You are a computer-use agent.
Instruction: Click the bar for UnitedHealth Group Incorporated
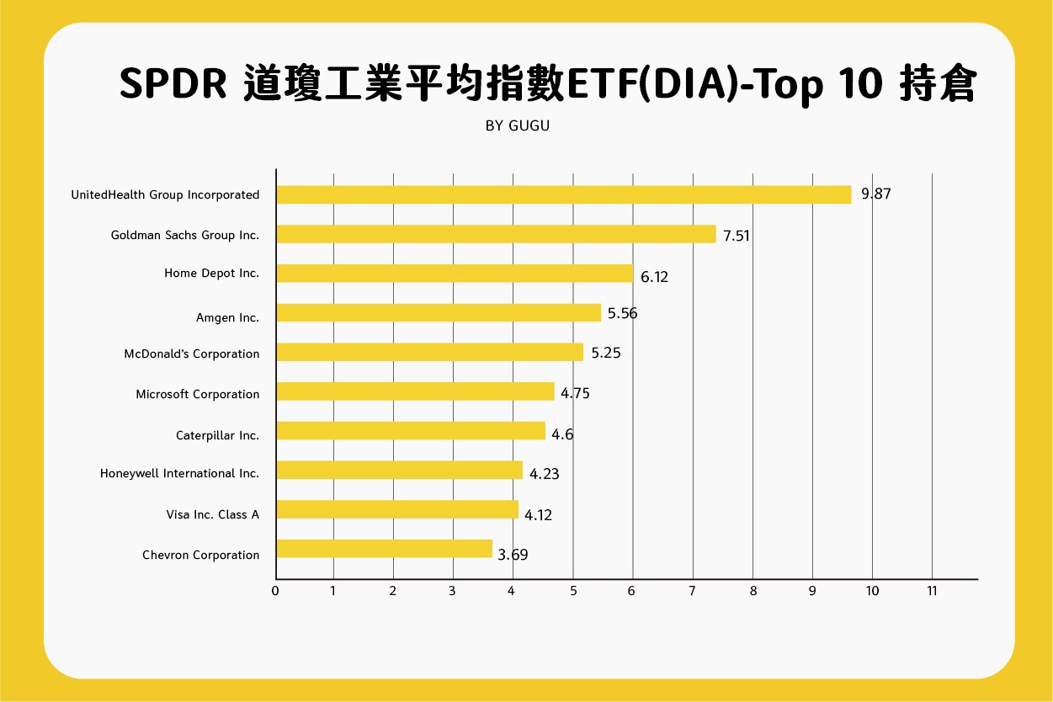tap(563, 194)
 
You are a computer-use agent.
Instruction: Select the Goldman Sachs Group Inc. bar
tap(496, 234)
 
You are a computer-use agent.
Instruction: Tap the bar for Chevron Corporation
tap(384, 549)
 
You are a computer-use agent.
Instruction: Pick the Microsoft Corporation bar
tap(415, 391)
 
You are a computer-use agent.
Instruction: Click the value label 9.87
tap(875, 194)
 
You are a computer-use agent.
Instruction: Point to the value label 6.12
tap(654, 276)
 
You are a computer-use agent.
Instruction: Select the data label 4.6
tap(562, 434)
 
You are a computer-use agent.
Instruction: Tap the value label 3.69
tap(513, 555)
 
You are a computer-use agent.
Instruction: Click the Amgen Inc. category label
tap(227, 317)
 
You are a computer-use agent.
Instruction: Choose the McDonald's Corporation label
tap(192, 354)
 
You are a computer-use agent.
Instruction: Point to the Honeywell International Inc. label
tap(179, 473)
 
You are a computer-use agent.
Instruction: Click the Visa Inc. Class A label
tap(213, 513)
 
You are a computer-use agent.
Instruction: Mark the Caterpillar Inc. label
tap(217, 435)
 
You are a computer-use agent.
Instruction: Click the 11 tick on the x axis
tap(932, 591)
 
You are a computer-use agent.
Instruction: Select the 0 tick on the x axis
tap(275, 591)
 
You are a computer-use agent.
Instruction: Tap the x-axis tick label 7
tap(693, 591)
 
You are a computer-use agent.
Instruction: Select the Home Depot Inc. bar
tap(455, 273)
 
